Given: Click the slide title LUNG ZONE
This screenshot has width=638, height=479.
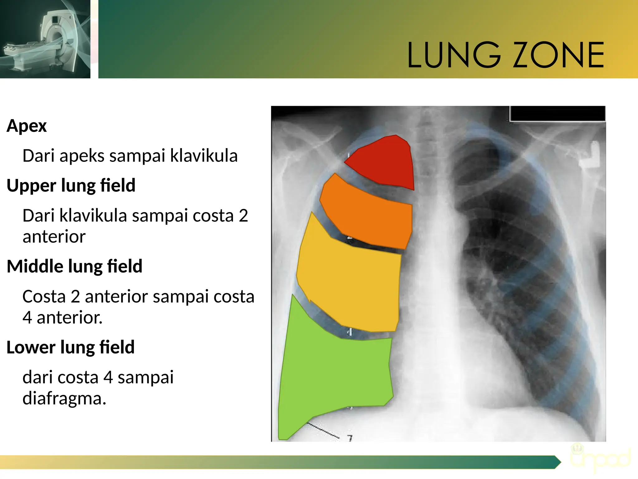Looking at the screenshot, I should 505,55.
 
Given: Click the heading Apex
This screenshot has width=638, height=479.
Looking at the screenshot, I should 27,126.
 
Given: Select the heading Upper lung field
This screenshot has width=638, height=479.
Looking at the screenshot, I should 71,186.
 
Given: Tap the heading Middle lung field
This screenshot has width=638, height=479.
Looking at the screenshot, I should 74,266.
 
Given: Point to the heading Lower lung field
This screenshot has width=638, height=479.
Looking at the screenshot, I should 70,347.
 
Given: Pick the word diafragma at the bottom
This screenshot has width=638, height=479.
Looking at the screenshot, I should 64,399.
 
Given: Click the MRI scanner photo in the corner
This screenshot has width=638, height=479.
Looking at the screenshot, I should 45,39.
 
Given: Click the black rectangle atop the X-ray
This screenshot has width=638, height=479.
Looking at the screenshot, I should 557,114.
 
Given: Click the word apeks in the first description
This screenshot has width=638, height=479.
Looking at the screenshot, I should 82,156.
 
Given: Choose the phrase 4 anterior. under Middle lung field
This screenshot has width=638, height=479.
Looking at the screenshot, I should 62,317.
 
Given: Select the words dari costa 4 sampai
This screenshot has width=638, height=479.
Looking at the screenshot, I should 98,377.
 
